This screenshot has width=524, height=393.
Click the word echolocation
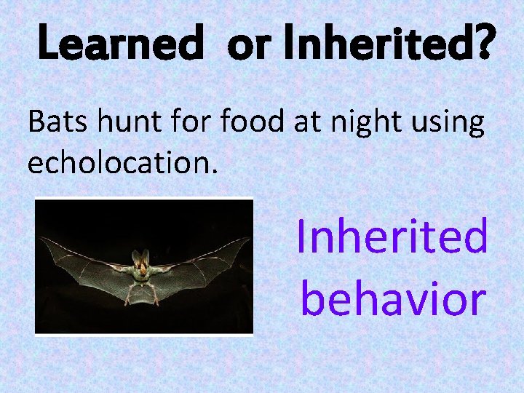(x=122, y=163)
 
